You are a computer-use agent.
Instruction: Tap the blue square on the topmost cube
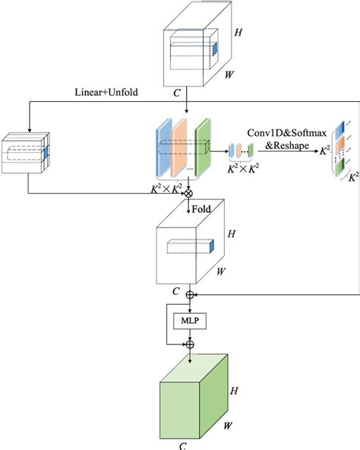(213, 49)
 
